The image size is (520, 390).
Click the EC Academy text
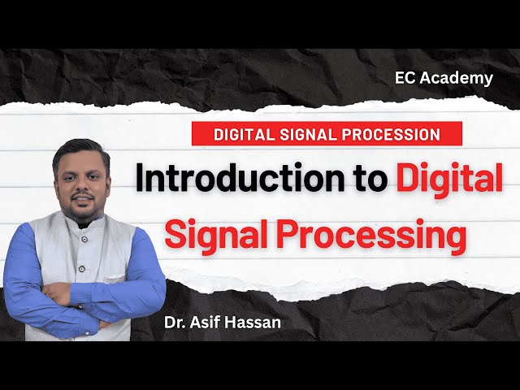(444, 78)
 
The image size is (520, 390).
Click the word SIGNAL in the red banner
(313, 134)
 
